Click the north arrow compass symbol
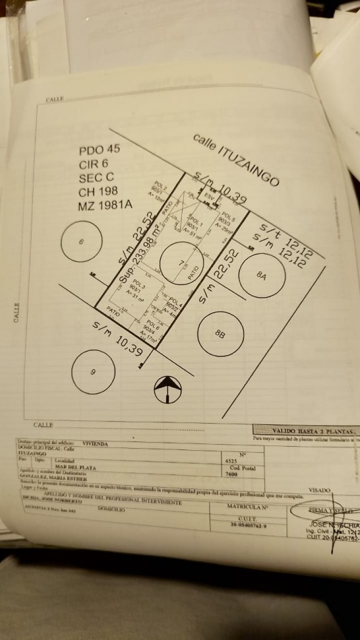(168, 389)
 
